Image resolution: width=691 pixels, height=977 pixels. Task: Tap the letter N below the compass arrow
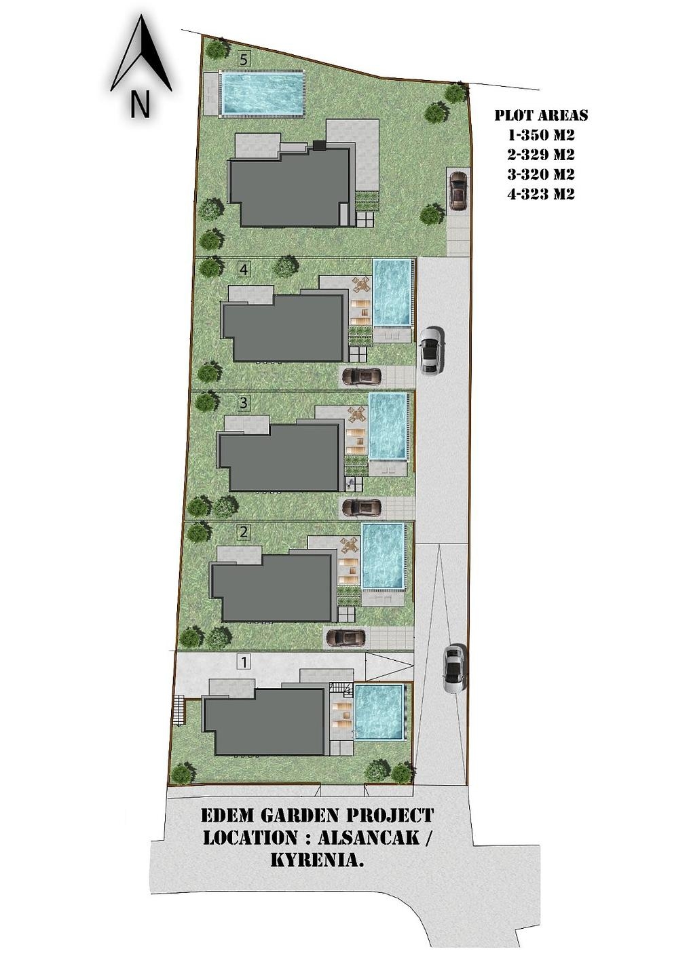(140, 105)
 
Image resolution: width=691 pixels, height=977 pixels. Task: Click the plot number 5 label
(245, 59)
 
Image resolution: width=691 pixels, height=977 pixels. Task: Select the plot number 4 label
(244, 270)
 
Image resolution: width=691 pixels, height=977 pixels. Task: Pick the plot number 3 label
(244, 402)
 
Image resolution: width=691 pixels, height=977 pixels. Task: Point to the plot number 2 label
(244, 532)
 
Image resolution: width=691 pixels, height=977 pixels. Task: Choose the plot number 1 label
(244, 662)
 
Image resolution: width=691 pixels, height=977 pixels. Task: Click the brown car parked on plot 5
(458, 191)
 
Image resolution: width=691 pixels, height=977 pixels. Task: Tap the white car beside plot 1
(453, 669)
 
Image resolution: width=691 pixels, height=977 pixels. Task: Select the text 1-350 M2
(540, 135)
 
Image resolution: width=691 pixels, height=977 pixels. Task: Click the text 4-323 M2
(540, 193)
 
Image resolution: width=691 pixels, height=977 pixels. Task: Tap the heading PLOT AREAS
(541, 115)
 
